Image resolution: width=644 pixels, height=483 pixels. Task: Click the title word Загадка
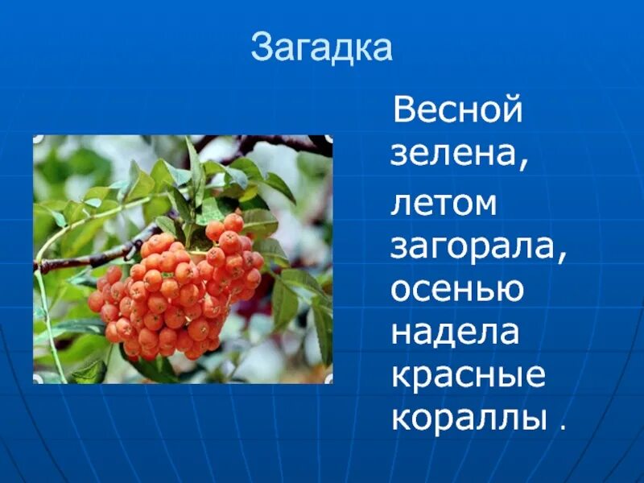(321, 48)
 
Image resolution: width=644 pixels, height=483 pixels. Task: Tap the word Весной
(457, 110)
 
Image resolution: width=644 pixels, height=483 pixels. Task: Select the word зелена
(456, 154)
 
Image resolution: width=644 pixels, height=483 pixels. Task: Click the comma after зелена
(524, 165)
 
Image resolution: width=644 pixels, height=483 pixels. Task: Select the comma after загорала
(563, 258)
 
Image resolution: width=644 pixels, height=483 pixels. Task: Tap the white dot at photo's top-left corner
(37, 139)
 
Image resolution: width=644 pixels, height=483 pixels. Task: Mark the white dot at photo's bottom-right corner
(328, 378)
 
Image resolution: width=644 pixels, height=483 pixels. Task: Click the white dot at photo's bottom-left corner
(37, 378)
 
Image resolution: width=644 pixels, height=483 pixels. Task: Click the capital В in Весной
(402, 110)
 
